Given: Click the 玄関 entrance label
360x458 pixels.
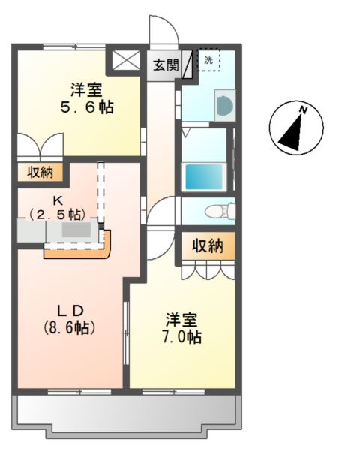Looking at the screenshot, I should tap(166, 65).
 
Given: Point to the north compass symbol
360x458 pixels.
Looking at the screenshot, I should tap(295, 128).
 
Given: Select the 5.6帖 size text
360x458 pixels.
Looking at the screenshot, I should tap(87, 107).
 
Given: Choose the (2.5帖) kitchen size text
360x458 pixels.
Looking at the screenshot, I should tap(56, 214).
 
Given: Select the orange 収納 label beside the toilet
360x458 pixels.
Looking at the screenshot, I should tap(207, 245).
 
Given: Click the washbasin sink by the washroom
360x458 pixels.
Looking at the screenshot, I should tap(224, 106).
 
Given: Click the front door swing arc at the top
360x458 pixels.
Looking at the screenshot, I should tap(163, 30).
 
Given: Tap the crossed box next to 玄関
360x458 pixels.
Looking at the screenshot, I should tap(126, 61).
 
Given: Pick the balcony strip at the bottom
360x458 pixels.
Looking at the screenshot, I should tap(126, 412).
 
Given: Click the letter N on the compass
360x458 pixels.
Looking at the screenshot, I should tap(304, 111).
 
